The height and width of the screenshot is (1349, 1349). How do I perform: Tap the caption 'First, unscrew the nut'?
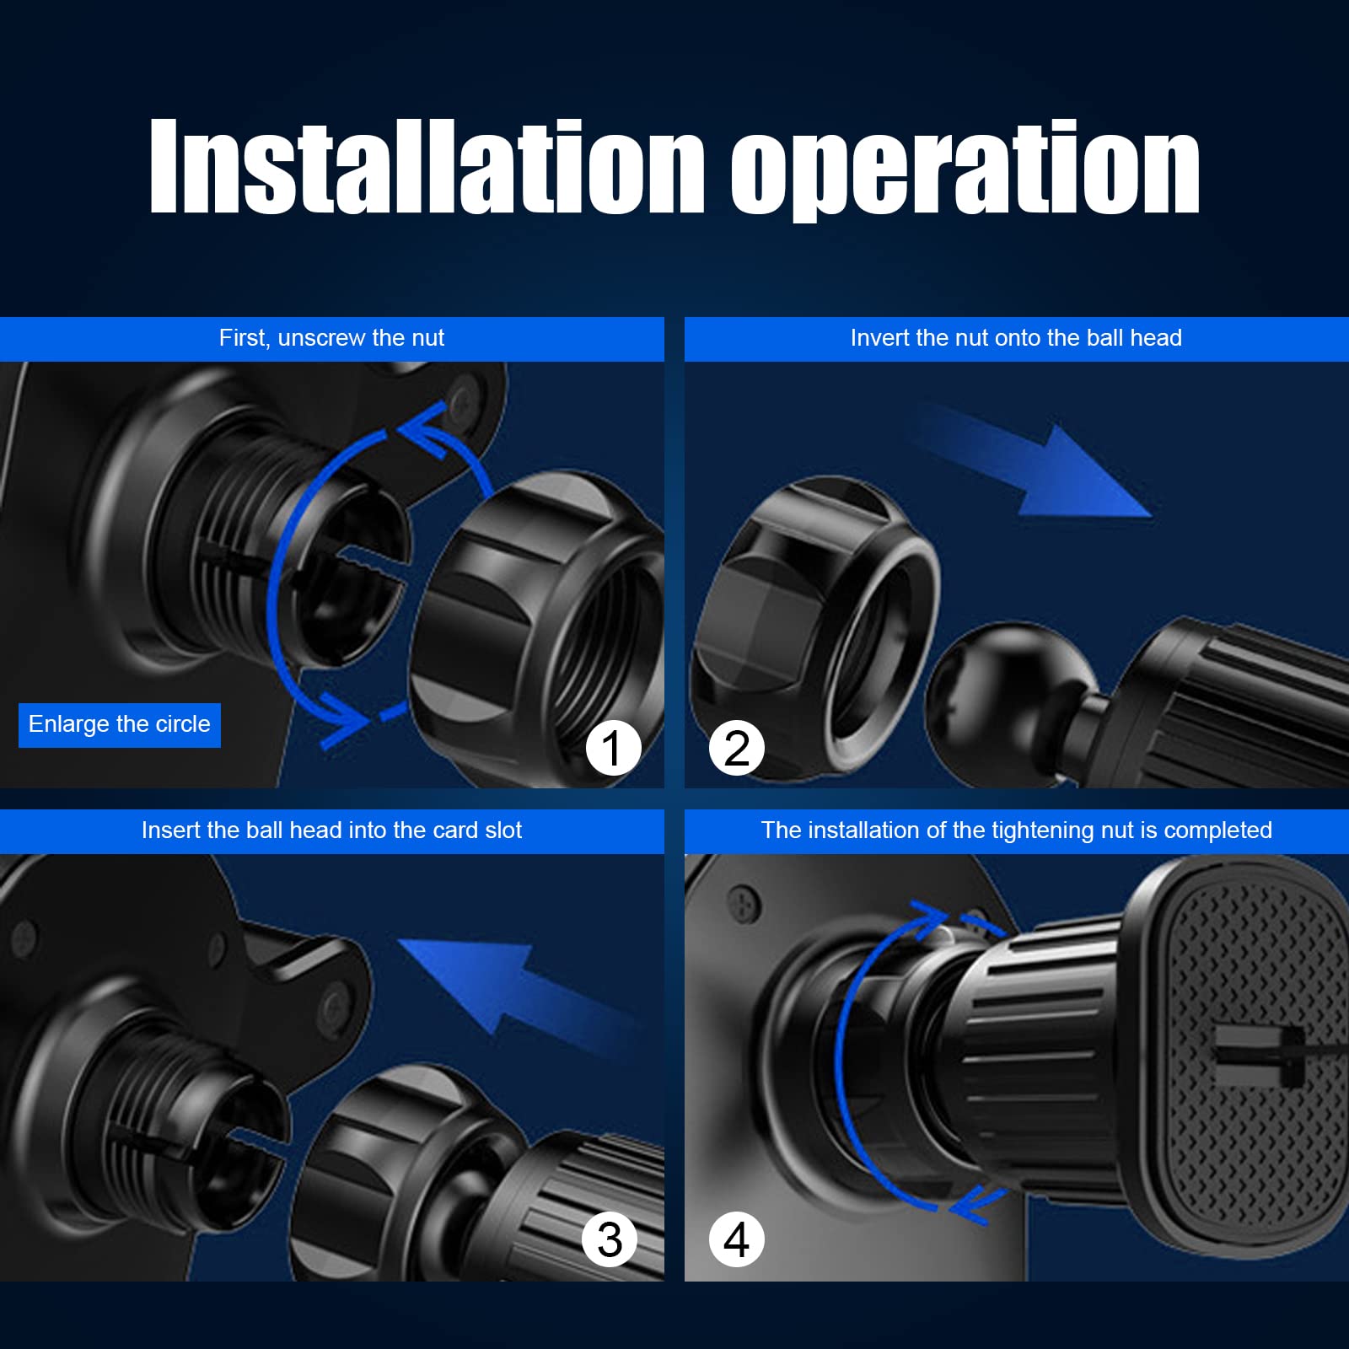tap(331, 338)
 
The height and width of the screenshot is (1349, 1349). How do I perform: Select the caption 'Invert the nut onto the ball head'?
tap(1016, 338)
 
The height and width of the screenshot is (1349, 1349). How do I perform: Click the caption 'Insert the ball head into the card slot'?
tap(331, 830)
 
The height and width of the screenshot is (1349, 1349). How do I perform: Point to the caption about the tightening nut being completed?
tap(1016, 830)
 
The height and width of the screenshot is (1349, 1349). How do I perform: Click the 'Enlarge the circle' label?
tap(120, 725)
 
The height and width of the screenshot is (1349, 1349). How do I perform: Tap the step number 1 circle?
tap(613, 748)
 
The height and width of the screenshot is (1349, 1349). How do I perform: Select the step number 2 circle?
tap(737, 748)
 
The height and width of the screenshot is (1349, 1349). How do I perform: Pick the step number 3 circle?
tap(610, 1239)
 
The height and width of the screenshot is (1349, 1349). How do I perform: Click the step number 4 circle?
tap(737, 1239)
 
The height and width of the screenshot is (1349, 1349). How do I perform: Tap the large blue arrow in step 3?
tap(514, 995)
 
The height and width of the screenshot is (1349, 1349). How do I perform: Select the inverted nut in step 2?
tap(814, 628)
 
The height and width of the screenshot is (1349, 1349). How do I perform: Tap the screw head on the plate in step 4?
tap(744, 904)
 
